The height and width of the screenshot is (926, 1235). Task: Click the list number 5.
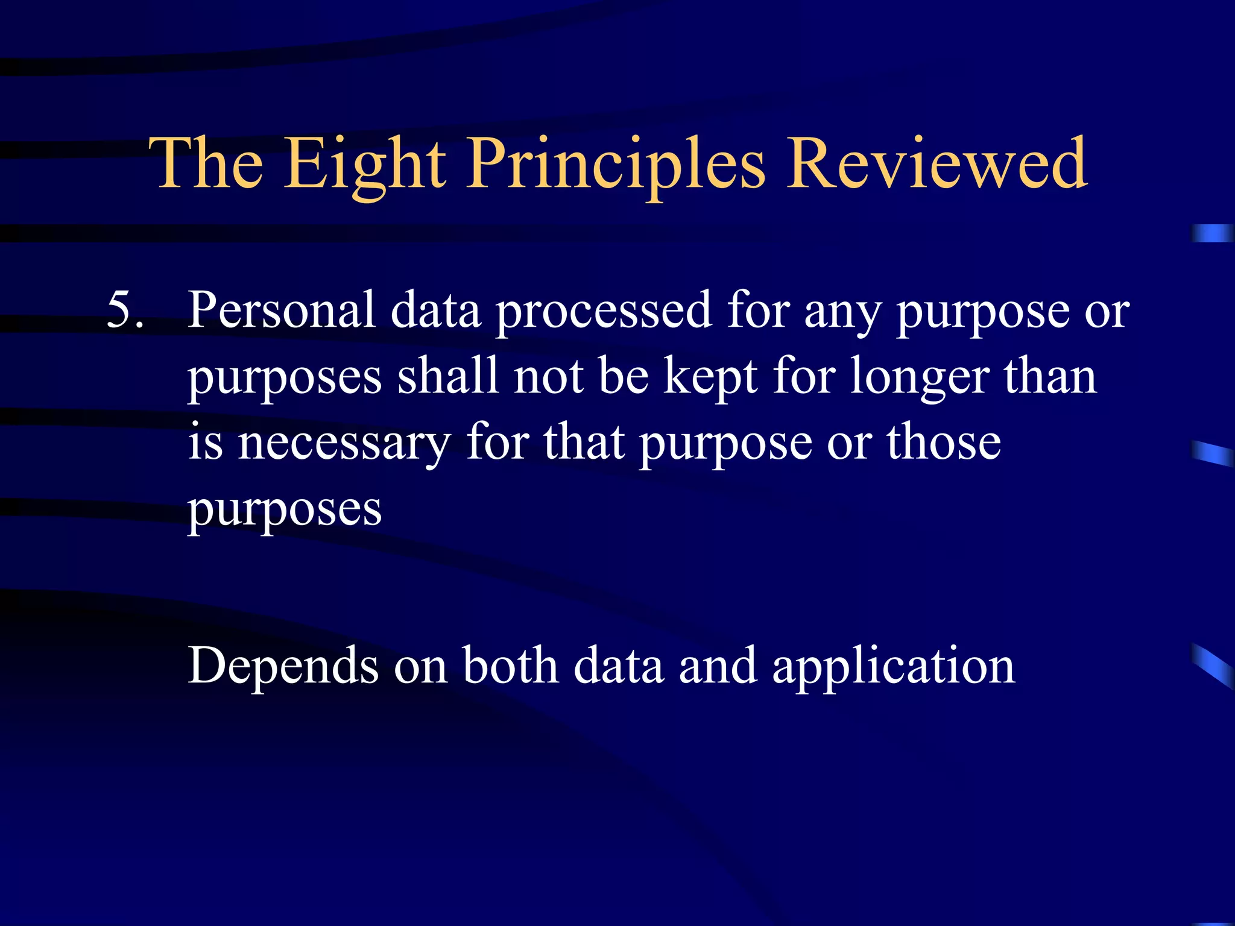125,310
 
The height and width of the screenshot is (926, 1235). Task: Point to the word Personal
282,310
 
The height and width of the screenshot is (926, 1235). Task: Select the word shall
447,376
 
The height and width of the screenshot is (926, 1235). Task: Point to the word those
943,443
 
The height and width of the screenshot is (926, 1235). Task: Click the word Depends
283,667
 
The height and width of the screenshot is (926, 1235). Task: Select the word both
510,666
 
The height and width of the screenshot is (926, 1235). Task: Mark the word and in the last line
718,666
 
